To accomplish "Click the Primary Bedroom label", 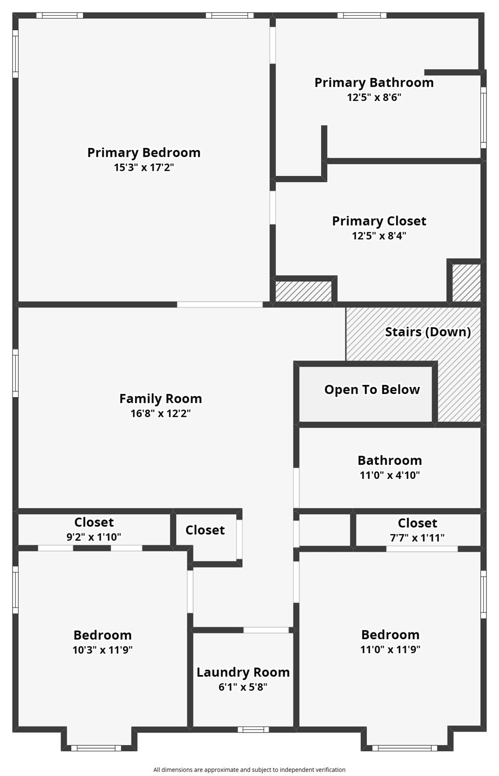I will pyautogui.click(x=144, y=153).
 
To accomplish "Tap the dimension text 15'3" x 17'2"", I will pyautogui.click(x=144, y=167).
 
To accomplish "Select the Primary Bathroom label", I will pyautogui.click(x=374, y=83).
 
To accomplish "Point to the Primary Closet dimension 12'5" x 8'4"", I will pyautogui.click(x=379, y=235).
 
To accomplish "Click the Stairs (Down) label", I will pyautogui.click(x=428, y=332).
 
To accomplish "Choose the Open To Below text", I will pyautogui.click(x=372, y=390).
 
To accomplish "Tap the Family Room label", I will pyautogui.click(x=161, y=399).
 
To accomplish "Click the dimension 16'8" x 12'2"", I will pyautogui.click(x=161, y=413).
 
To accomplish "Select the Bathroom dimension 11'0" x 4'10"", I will pyautogui.click(x=390, y=475).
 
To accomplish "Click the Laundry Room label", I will pyautogui.click(x=243, y=672).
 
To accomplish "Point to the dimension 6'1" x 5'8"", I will pyautogui.click(x=243, y=687).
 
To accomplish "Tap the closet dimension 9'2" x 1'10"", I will pyautogui.click(x=94, y=537).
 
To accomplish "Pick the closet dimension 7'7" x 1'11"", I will pyautogui.click(x=417, y=538).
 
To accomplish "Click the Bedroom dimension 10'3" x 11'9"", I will pyautogui.click(x=103, y=650).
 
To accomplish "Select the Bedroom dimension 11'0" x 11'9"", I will pyautogui.click(x=390, y=649).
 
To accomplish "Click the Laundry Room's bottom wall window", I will pyautogui.click(x=253, y=729).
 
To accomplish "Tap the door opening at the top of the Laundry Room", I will pyautogui.click(x=266, y=630).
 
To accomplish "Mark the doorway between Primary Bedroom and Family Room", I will pyautogui.click(x=220, y=305).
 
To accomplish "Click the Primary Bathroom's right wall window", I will pyautogui.click(x=483, y=117).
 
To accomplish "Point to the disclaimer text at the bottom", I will pyautogui.click(x=249, y=770).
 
